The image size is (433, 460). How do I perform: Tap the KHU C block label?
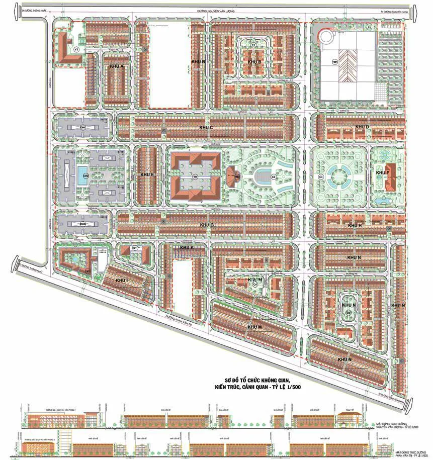(206, 128)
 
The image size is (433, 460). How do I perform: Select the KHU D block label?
(363, 127)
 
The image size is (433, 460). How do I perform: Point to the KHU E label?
(147, 174)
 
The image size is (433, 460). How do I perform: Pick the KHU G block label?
(207, 225)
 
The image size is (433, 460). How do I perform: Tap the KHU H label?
(355, 225)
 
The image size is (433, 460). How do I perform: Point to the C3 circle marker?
(320, 176)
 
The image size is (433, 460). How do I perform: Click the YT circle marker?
(76, 50)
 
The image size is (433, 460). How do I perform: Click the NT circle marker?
(135, 248)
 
